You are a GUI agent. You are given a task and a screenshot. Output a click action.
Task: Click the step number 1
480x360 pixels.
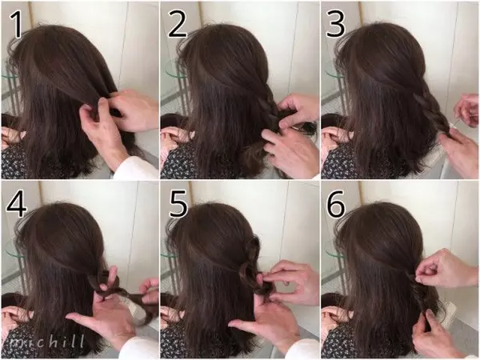pos(16,25)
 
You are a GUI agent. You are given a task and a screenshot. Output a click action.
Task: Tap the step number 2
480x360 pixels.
pos(178,25)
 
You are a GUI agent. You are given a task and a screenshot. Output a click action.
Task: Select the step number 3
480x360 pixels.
pos(336,25)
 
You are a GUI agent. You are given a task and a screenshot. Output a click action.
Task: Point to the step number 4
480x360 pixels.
pos(17,205)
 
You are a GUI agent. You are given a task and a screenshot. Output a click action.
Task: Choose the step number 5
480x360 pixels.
pos(178,205)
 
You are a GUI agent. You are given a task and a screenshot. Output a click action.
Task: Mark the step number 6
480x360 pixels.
pos(336,205)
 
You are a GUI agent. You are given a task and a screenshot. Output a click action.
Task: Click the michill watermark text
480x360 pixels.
pos(46,341)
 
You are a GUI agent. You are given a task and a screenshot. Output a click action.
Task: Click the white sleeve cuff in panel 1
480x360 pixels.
pos(134,168)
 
